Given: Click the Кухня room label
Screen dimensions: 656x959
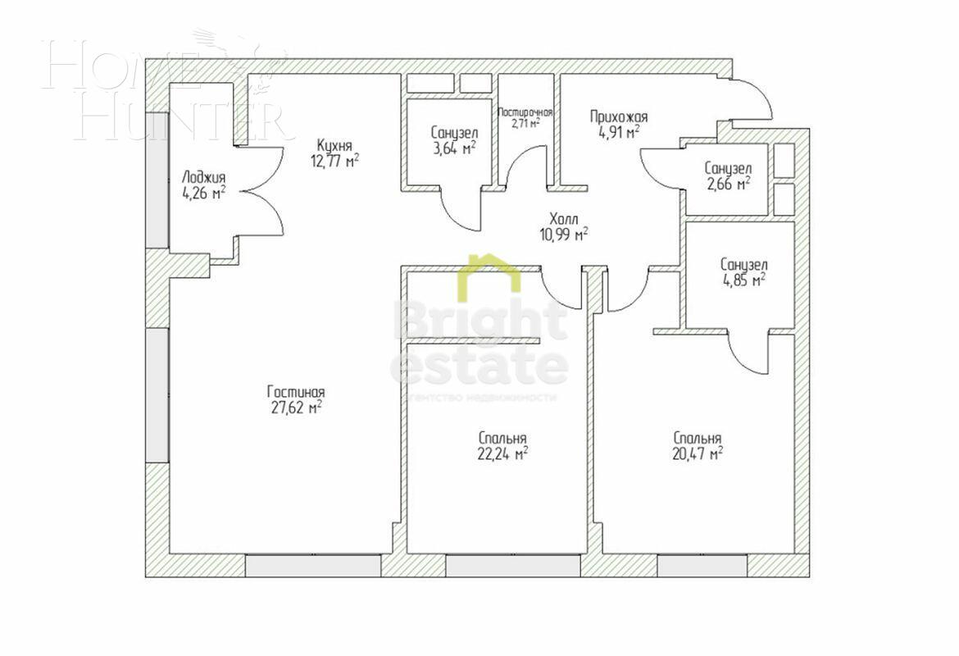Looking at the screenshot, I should tap(335, 145).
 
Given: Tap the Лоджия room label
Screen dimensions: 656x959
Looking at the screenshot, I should tap(204, 178).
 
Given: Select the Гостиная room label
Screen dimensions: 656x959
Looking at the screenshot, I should tap(296, 392).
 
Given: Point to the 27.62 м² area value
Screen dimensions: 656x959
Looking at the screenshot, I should tap(296, 408).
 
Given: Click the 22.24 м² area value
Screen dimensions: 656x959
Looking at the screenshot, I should tap(502, 453).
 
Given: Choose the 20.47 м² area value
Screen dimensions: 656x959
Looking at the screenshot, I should tap(698, 453).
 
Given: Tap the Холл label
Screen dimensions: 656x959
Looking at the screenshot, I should tap(564, 220).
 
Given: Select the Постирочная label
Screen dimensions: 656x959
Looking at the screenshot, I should tap(525, 112).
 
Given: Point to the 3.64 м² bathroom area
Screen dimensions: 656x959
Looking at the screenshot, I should tap(454, 148).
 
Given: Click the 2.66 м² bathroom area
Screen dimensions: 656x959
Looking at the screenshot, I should tap(727, 184).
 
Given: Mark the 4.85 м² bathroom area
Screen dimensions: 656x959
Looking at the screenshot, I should tap(743, 280).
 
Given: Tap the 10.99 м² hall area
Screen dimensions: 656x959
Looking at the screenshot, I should tap(564, 235).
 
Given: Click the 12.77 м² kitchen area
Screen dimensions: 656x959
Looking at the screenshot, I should tap(335, 161).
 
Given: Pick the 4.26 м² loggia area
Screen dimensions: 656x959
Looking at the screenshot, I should tap(204, 194).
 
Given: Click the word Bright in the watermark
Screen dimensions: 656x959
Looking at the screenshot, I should tap(479, 320).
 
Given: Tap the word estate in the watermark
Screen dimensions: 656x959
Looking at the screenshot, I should tap(479, 367).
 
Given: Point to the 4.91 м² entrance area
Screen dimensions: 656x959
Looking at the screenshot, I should tap(615, 133).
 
